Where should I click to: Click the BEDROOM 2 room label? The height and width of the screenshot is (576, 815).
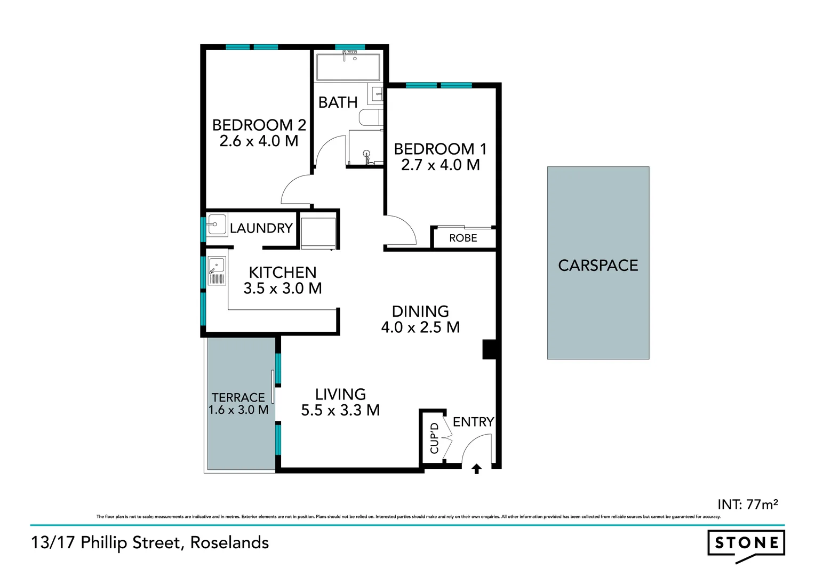(259, 125)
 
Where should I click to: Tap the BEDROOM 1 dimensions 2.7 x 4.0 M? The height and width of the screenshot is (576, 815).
(440, 165)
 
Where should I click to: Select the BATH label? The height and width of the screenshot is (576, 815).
(338, 102)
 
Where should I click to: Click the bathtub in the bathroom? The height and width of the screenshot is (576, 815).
(348, 67)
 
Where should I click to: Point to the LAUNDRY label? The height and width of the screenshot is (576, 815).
(261, 228)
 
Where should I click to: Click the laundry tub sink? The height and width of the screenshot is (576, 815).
(217, 225)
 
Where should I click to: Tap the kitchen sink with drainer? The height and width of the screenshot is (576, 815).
(217, 271)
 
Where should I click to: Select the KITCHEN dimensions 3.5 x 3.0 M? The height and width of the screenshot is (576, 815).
(283, 289)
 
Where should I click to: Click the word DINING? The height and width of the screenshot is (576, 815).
(420, 311)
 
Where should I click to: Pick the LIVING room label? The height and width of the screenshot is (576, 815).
(340, 394)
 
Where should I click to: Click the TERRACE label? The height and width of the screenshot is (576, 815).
(238, 397)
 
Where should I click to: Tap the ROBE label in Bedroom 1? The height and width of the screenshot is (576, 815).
(463, 238)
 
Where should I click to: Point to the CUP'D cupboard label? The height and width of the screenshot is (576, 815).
(434, 438)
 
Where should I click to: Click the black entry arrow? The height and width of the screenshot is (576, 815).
(477, 469)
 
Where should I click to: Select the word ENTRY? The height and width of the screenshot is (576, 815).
(473, 422)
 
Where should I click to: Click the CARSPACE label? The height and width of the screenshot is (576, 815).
(598, 266)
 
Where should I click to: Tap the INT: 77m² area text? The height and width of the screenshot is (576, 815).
(747, 504)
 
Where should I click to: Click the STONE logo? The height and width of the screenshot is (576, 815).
(746, 544)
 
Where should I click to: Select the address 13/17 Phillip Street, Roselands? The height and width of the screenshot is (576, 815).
(150, 542)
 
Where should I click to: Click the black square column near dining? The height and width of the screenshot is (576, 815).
(490, 349)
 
